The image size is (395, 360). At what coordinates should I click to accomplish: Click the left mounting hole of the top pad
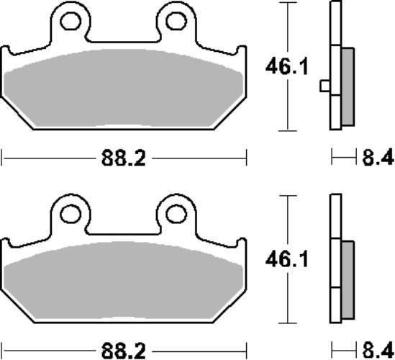72,22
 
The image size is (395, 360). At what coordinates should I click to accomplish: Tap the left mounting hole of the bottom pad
72,213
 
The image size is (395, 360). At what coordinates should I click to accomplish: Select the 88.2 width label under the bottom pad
124,351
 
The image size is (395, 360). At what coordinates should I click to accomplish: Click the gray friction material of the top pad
124,90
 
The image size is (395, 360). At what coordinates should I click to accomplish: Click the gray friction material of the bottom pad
124,281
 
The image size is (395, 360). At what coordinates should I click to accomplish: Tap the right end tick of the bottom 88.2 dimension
247,351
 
